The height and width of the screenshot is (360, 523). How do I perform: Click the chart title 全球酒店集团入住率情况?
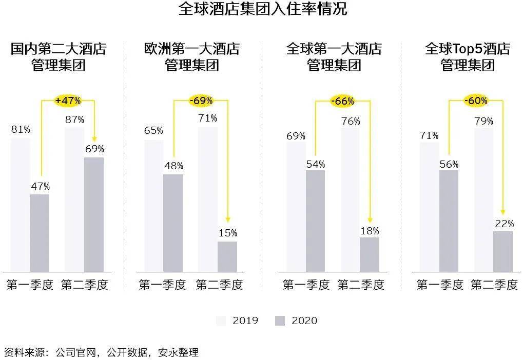click(262, 9)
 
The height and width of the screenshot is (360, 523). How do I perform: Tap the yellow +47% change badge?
click(68, 101)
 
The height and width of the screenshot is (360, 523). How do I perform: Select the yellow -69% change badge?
click(201, 101)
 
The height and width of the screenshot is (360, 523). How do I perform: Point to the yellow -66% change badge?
click(342, 101)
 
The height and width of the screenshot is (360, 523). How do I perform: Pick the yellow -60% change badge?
click(476, 101)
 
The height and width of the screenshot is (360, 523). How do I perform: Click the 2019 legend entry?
click(237, 321)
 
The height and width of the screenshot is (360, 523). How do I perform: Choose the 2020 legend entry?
click(296, 321)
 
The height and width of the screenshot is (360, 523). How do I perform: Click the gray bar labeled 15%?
click(227, 256)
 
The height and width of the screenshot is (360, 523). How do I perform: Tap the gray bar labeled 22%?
click(502, 251)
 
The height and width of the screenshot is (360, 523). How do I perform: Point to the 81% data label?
click(21, 129)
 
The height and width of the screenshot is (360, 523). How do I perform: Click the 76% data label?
click(350, 122)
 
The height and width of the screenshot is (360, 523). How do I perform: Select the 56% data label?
click(449, 164)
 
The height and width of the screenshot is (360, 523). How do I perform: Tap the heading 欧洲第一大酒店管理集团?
click(192, 57)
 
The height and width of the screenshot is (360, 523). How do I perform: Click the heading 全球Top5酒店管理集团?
click(468, 57)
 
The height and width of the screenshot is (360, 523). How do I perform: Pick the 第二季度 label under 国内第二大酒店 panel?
click(84, 285)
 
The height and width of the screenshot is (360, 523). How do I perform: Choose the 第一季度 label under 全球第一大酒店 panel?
click(306, 285)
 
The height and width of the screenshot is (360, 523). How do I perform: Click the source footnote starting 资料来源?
click(101, 352)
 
